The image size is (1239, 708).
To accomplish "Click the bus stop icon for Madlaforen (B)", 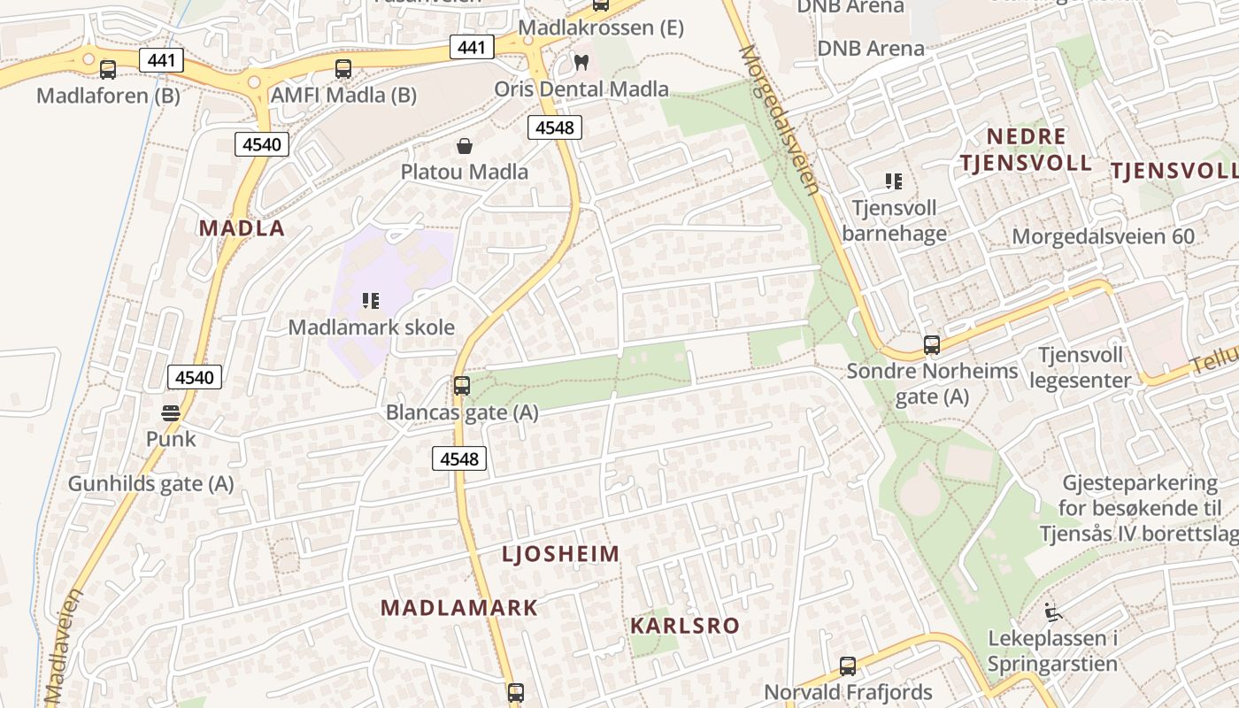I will coord(108,69).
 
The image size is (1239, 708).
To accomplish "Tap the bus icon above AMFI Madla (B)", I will coord(343,68).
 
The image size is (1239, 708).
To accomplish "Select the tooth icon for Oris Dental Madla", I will coord(581,62).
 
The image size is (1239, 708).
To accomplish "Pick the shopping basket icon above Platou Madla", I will coord(465,146).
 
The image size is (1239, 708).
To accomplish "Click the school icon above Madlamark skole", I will coord(371,301).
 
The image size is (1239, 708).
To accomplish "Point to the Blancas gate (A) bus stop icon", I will coord(462,386).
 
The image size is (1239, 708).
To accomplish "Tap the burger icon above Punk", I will coord(171,412).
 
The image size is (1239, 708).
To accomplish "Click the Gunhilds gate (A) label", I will coord(151,483).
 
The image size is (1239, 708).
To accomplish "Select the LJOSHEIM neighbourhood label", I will coord(561,555).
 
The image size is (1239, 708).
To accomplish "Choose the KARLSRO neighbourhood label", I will coord(685,626).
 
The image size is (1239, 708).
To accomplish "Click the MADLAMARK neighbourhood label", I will coord(459,608).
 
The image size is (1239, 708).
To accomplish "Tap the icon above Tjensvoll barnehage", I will coord(894,181).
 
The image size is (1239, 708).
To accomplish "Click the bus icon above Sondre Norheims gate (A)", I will coord(932,344).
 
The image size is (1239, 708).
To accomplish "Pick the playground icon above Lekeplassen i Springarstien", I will coord(1052,612).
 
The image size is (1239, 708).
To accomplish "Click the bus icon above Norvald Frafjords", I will coord(848,666).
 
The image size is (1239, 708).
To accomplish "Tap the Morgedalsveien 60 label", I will coord(1103,236).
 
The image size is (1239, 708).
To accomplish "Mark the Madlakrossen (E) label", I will coord(601,27).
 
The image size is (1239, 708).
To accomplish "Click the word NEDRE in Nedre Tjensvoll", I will coord(1026,136).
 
